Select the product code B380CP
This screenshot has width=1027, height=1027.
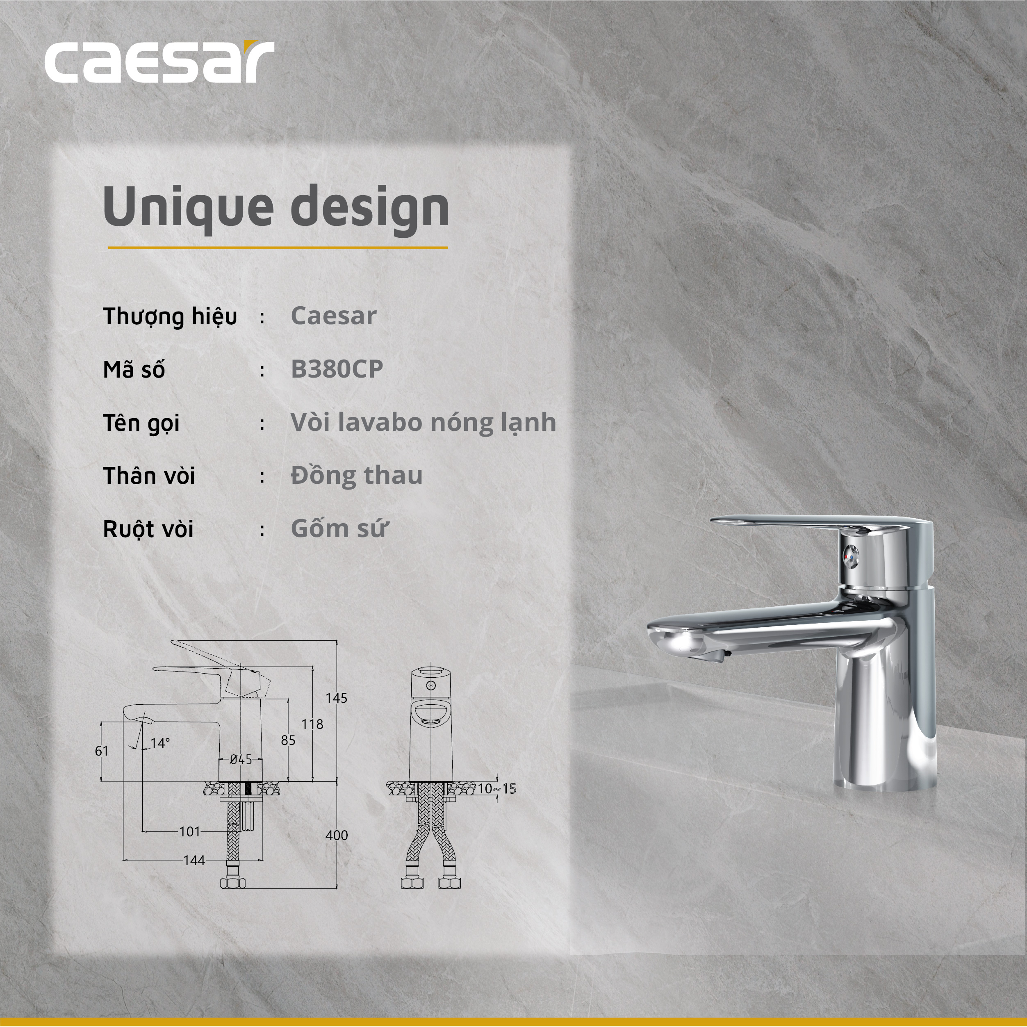click(x=337, y=369)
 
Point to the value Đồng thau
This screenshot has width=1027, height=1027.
click(x=357, y=475)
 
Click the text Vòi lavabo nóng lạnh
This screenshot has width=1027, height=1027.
click(x=423, y=422)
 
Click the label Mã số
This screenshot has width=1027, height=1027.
click(x=134, y=369)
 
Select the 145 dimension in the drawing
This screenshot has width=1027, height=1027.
click(x=337, y=698)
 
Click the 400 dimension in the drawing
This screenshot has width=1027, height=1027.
click(x=337, y=835)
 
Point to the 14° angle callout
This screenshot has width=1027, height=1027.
click(x=160, y=743)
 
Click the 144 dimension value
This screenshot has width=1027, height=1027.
click(x=194, y=861)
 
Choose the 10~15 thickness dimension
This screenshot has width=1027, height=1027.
click(x=496, y=789)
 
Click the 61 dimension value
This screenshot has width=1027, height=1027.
click(x=102, y=751)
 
